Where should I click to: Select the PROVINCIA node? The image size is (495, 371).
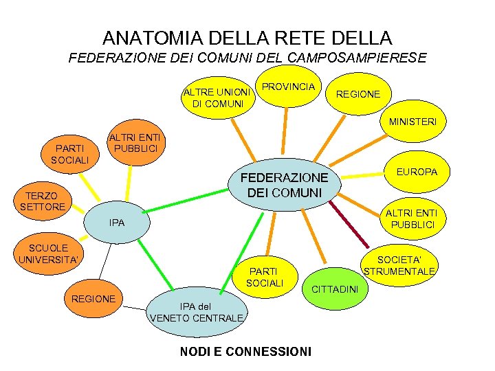289,87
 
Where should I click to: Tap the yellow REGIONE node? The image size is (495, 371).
357,94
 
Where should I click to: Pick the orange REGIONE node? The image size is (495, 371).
93,299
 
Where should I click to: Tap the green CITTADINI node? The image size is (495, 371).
335,289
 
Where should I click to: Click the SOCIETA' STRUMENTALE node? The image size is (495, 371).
399,265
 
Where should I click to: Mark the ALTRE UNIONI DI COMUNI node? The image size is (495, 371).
217,98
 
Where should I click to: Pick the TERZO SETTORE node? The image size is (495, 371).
43,201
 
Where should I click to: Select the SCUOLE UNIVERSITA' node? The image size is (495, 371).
49,254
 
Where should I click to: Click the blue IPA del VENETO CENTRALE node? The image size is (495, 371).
197,312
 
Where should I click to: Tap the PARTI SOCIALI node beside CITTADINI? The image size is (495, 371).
265,278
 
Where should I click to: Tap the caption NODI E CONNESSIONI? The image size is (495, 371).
245,352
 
